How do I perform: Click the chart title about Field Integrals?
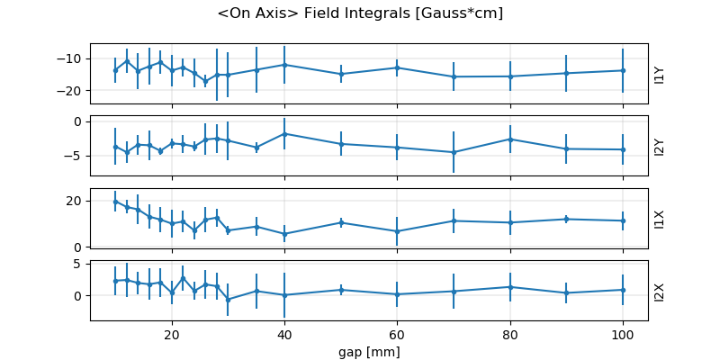pos(360,13)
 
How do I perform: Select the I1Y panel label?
pos(659,74)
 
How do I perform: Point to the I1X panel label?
pos(659,218)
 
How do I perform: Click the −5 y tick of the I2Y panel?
pos(76,156)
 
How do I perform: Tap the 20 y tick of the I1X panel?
pos(76,200)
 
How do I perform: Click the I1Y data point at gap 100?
pos(623,70)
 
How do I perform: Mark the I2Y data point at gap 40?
pos(284,133)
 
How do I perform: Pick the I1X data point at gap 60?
pos(397,231)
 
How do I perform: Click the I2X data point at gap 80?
pos(510,287)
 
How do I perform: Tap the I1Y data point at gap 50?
pos(341,74)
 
